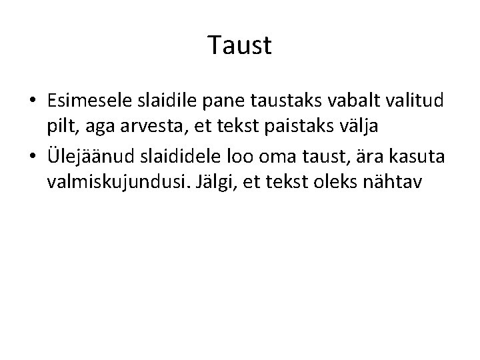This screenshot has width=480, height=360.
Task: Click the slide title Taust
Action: pyautogui.click(x=239, y=46)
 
